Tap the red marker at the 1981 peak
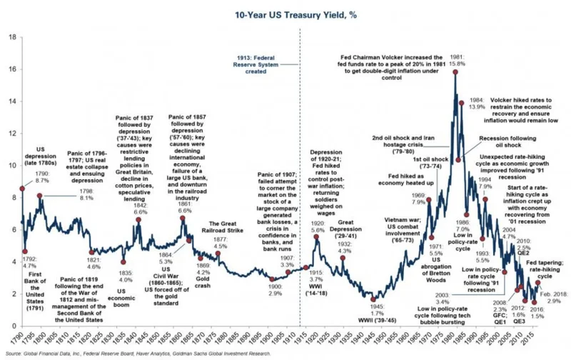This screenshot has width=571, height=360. pyautogui.click(x=455, y=73)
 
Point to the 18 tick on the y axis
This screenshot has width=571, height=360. pyautogui.click(x=12, y=36)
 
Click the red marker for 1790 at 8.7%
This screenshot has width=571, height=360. pyautogui.click(x=21, y=187)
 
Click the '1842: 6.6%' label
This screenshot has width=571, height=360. pyautogui.click(x=141, y=208)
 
